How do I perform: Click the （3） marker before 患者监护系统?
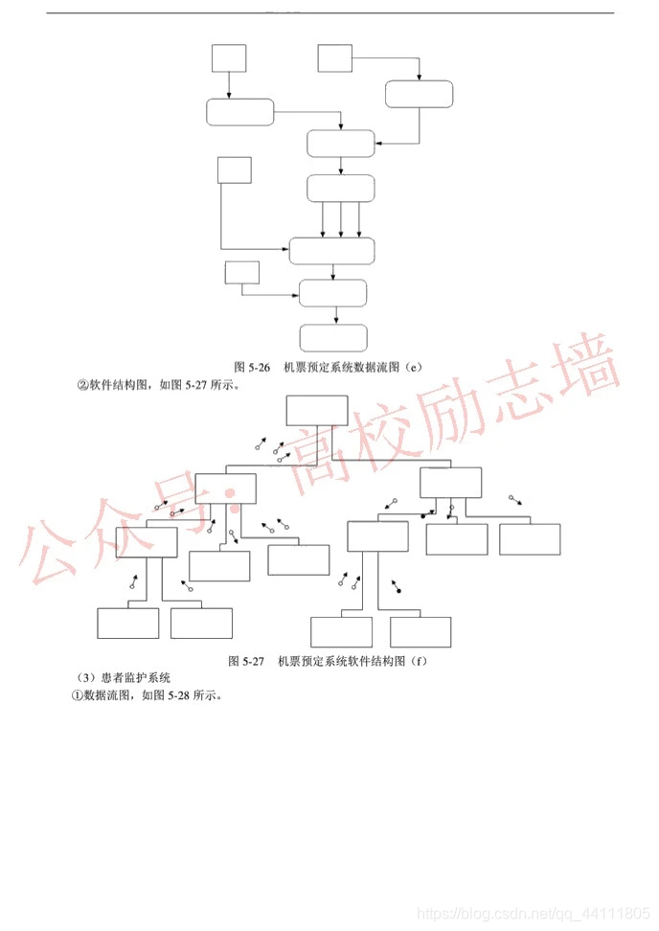pos(83,678)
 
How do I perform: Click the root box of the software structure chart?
pos(317,412)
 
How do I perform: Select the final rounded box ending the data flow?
pos(333,338)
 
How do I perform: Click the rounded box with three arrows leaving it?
pos(340,189)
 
